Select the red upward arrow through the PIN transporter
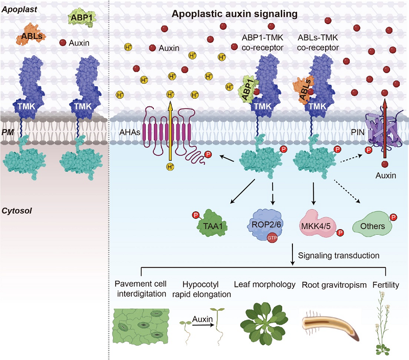pyautogui.click(x=383, y=128)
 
